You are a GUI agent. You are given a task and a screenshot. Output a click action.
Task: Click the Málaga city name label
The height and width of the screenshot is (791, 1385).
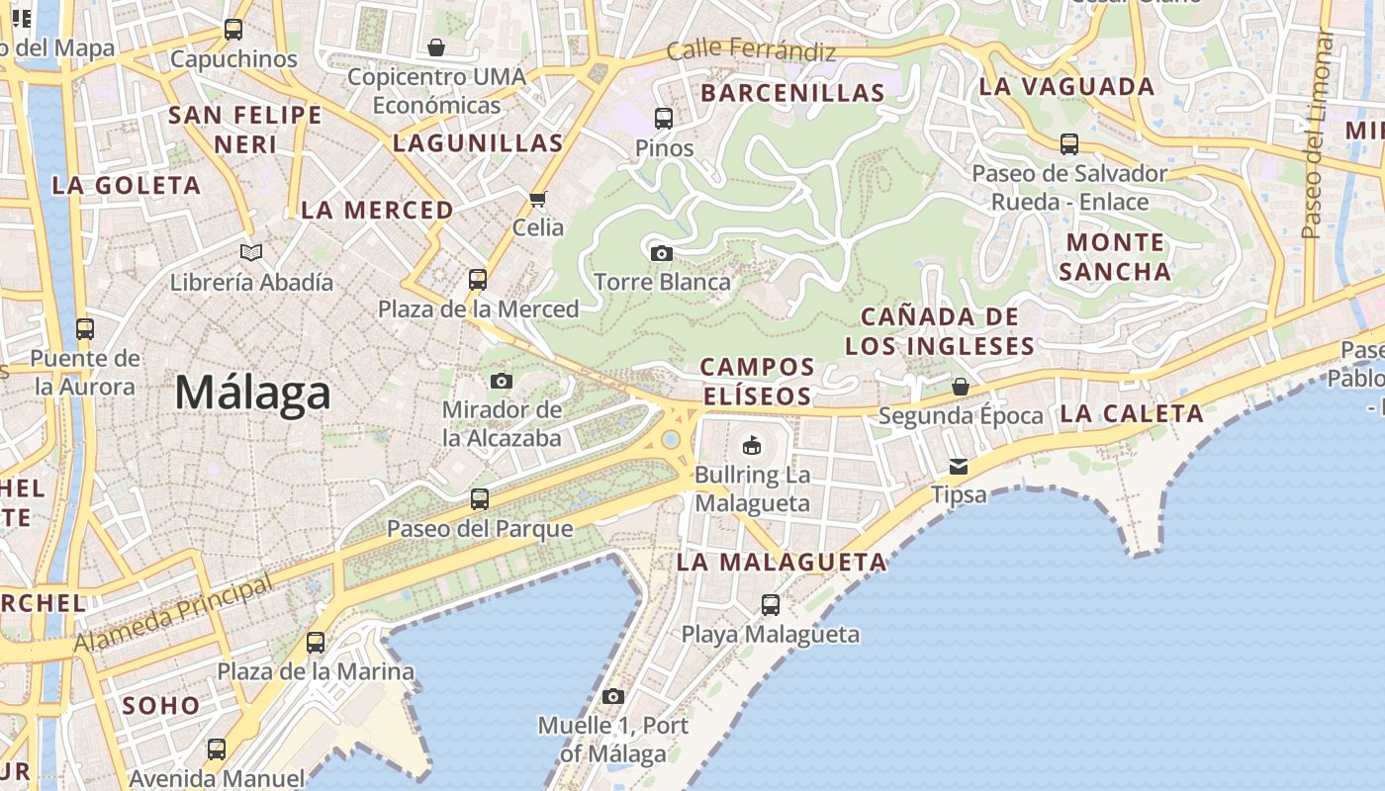tap(252, 394)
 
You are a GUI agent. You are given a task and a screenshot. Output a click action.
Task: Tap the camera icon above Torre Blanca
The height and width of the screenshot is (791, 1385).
tap(662, 253)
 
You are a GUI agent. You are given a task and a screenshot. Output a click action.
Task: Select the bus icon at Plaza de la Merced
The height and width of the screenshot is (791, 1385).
tap(478, 280)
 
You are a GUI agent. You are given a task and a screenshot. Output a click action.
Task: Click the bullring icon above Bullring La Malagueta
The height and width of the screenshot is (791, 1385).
tap(752, 445)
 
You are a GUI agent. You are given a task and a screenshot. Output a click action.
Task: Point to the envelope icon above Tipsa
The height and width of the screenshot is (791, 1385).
tap(959, 466)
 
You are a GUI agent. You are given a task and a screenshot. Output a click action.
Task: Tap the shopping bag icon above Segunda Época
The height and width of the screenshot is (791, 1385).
tap(960, 387)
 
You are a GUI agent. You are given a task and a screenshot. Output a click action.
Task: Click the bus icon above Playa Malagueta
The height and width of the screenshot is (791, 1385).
tap(771, 604)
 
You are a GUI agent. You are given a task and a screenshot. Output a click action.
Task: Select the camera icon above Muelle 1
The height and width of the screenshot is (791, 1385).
tap(613, 696)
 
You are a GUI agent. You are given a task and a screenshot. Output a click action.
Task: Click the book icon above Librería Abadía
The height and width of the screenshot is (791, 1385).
tap(252, 253)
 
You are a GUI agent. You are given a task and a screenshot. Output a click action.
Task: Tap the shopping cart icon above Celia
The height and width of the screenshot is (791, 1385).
tap(538, 200)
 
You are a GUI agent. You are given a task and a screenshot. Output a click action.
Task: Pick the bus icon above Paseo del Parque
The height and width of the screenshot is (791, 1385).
tap(480, 499)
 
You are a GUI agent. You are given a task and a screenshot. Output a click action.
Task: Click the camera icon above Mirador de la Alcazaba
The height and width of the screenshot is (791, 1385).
tap(502, 381)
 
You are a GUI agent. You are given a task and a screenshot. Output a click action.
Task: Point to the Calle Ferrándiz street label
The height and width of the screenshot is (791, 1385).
tap(751, 50)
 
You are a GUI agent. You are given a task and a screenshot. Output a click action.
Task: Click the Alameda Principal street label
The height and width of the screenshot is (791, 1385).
tap(173, 613)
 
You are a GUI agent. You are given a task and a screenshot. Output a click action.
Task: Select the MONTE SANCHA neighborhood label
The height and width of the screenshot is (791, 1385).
tap(1115, 257)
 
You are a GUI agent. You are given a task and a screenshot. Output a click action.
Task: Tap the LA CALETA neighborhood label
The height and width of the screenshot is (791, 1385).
tap(1132, 414)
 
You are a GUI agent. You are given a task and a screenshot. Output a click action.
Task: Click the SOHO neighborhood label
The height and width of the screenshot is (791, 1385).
tap(160, 706)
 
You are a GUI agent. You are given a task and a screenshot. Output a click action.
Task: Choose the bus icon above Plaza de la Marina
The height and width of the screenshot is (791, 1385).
tap(316, 643)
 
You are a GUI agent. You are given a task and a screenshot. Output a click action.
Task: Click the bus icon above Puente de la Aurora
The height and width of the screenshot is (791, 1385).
tap(85, 329)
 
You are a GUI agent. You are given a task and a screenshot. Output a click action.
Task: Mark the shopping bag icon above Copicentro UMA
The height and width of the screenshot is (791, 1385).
tap(436, 46)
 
